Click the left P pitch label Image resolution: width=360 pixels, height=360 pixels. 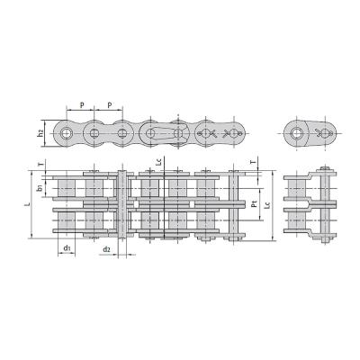(x=82, y=105)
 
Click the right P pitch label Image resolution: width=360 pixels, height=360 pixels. (x=110, y=105)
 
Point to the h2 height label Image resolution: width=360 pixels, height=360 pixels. (x=40, y=134)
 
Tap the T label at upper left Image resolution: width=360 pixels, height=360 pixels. (x=41, y=164)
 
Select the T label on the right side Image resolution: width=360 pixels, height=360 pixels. (x=254, y=162)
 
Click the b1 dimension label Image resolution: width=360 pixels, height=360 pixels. (x=40, y=188)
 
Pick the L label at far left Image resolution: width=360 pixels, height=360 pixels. (x=28, y=204)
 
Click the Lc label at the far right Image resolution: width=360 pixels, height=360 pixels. (x=268, y=205)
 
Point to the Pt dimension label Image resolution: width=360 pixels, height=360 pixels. (x=255, y=204)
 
